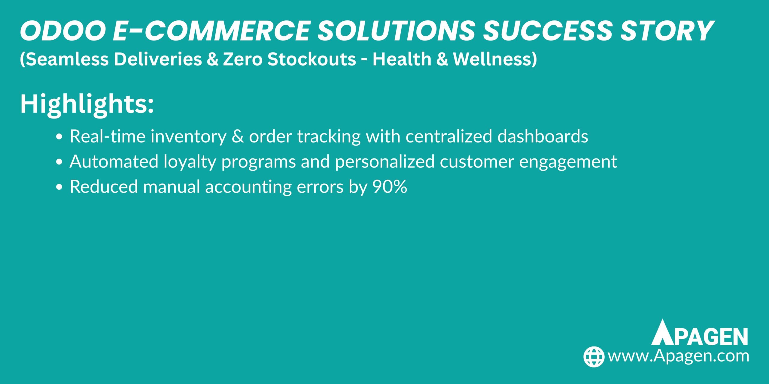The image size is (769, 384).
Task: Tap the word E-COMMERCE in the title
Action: tap(211, 31)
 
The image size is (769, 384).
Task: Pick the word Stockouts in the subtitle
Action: tap(312, 59)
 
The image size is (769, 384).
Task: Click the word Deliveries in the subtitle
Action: tap(158, 59)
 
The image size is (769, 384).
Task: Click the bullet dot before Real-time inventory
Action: tap(59, 137)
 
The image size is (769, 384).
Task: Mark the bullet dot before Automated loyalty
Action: tap(59, 162)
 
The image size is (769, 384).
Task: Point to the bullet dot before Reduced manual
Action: tap(59, 187)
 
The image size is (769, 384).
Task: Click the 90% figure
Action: tap(390, 187)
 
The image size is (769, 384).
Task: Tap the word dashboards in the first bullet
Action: tap(543, 136)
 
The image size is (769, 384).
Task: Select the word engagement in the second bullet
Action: tap(568, 162)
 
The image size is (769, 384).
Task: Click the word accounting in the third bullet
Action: tap(248, 187)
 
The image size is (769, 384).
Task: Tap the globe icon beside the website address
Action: tap(594, 357)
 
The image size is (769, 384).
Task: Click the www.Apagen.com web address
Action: tap(678, 356)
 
